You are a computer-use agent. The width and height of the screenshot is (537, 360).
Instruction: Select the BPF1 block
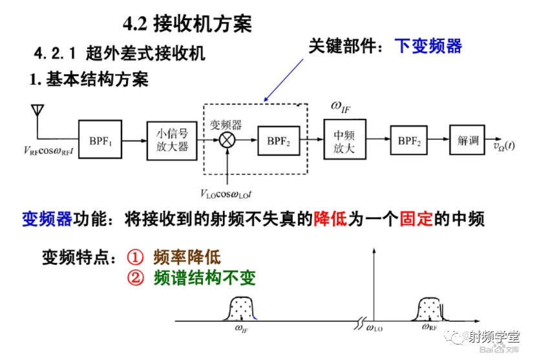pyautogui.click(x=100, y=140)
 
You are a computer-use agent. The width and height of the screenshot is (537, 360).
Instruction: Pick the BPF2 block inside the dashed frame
pyautogui.click(x=279, y=140)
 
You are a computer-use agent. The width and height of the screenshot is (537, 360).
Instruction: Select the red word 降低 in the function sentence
pyautogui.click(x=330, y=219)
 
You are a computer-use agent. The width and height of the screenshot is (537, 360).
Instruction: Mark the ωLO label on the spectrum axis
pyautogui.click(x=374, y=330)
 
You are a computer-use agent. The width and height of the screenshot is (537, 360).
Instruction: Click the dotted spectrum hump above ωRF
pyautogui.click(x=430, y=309)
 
